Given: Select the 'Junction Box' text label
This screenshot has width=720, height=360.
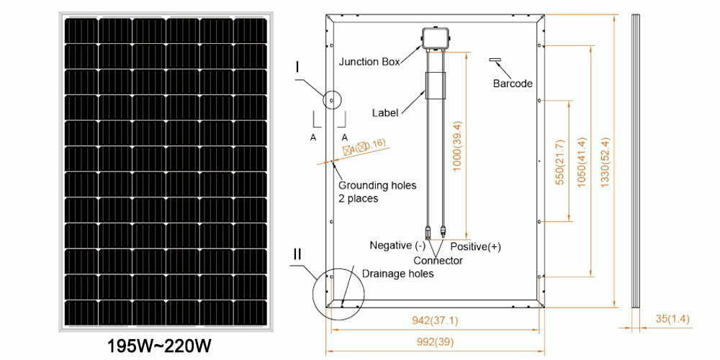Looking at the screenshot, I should pos(379,62).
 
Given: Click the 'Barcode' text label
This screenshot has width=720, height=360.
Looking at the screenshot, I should pos(513,84).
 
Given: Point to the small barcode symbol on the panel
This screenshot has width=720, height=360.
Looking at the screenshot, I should pos(496,60).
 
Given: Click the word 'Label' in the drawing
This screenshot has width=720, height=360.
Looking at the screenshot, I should pos(385,113).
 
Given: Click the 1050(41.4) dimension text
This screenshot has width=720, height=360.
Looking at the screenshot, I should pos(582,162).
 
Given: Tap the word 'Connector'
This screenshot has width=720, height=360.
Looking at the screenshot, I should pos(438,260).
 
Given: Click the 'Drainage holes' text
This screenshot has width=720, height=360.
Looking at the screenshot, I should pos(397,274).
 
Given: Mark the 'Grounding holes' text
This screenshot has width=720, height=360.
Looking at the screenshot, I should pos(377,185).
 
